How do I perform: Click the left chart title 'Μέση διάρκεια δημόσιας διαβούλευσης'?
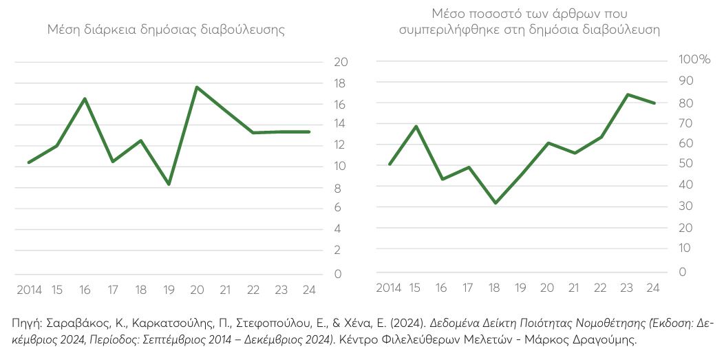point(166,30)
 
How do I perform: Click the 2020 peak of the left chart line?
point(197,87)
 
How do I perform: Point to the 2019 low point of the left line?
point(169,184)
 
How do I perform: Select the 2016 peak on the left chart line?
point(85,98)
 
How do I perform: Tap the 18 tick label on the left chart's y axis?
point(340,83)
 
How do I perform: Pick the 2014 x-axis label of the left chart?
point(28,290)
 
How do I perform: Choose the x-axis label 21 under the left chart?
point(225,290)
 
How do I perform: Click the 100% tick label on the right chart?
point(694,60)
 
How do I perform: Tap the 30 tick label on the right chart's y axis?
point(683,207)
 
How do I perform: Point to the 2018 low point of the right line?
point(495,203)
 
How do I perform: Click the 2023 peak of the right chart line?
point(627,94)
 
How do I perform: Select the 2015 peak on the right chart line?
point(416,126)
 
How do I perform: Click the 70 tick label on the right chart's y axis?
point(683,123)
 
